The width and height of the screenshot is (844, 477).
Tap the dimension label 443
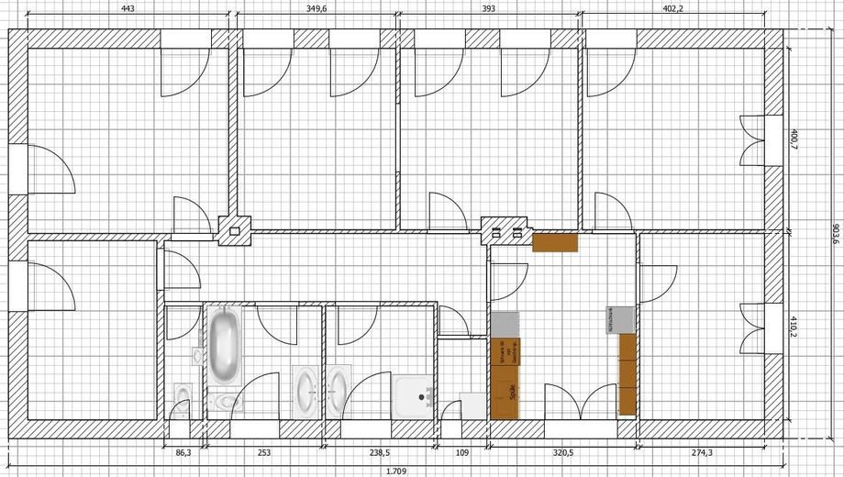click(x=128, y=8)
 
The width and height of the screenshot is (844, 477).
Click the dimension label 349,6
click(x=317, y=8)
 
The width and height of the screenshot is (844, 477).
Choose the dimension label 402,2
click(x=672, y=8)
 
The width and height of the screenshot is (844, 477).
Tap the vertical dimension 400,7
click(x=794, y=140)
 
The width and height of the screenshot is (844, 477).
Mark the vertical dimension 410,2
click(x=794, y=328)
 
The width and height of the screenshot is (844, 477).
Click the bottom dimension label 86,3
click(x=183, y=453)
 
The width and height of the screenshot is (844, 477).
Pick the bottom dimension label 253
click(x=264, y=453)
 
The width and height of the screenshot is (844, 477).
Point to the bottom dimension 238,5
click(x=378, y=453)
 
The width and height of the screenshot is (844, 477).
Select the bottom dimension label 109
click(x=461, y=453)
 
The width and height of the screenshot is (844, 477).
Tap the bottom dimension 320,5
click(x=562, y=453)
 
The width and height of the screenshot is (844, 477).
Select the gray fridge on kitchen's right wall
click(x=619, y=320)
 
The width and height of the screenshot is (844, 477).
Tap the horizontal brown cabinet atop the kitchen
click(x=555, y=242)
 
